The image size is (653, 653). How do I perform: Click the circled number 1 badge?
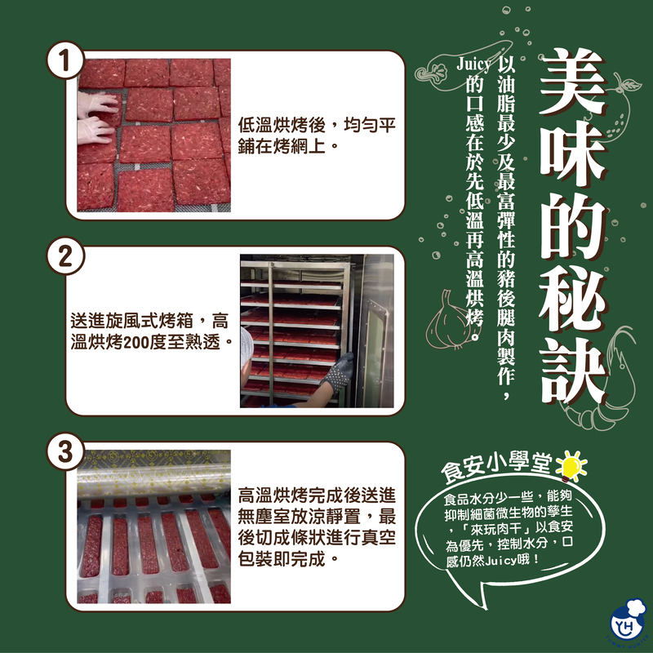pos(65,60)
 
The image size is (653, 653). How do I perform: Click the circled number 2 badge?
pos(65,255)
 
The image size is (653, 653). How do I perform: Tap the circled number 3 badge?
pos(65,451)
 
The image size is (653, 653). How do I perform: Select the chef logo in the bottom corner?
pos(628,622)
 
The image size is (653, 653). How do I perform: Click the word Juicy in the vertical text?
pos(474,64)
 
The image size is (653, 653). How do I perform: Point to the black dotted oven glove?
pos(336,374)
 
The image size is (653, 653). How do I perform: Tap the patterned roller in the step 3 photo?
pos(153,481)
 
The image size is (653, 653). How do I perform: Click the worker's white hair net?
pos(247,347)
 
